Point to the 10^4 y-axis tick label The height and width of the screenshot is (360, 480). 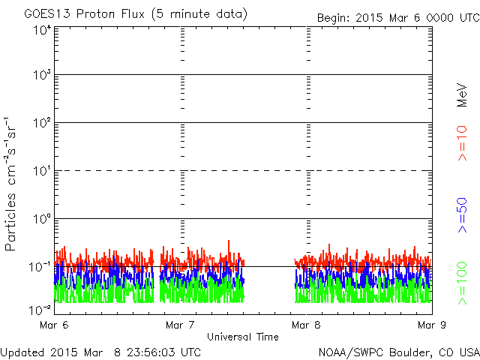(x=42, y=30)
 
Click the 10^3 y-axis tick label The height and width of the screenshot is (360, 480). (x=42, y=75)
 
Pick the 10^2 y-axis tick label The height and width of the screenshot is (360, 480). (x=42, y=123)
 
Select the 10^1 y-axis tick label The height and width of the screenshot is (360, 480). (x=42, y=171)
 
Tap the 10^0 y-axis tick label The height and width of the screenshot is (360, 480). (x=42, y=219)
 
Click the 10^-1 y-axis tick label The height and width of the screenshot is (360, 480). (x=40, y=267)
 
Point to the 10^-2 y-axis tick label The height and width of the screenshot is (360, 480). (x=40, y=310)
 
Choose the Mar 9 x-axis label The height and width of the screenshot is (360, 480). (x=432, y=325)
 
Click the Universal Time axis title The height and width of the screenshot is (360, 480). (x=243, y=337)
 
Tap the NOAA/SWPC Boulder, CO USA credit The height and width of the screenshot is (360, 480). (x=397, y=352)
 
